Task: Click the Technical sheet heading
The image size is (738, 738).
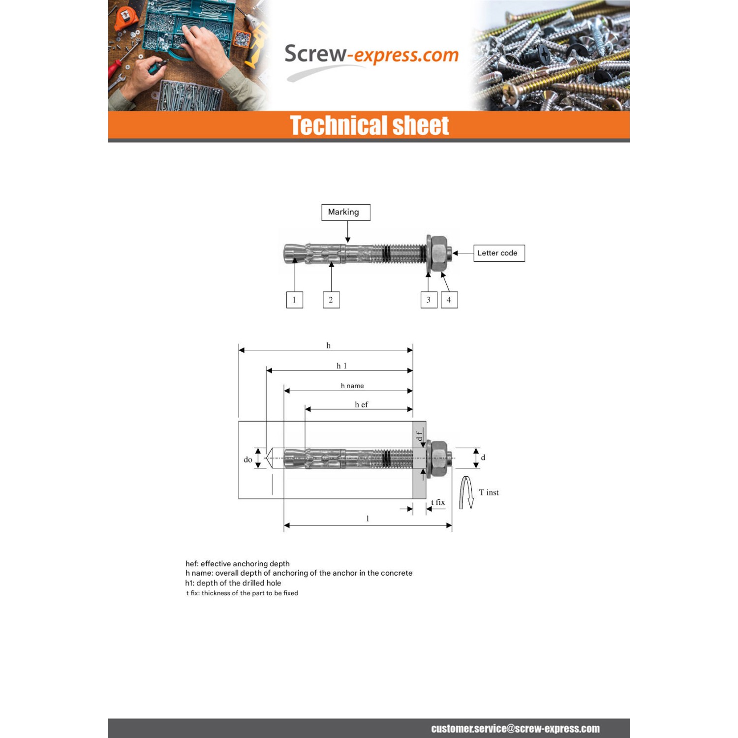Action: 369,125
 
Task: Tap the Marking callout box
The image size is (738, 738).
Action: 346,212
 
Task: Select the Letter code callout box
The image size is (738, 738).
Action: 499,253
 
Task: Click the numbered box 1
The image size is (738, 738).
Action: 295,300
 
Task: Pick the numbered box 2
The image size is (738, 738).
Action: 331,300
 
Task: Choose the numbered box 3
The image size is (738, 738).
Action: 429,300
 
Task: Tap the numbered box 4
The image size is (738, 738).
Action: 449,300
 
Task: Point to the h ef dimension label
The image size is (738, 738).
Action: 361,404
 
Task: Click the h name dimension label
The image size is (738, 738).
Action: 352,386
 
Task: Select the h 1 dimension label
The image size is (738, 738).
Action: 341,366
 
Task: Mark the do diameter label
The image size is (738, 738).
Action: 248,460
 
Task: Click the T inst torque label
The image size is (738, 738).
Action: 489,492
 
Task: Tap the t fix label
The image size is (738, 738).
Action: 438,502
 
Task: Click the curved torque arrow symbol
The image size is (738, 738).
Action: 466,492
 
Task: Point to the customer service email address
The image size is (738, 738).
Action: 515,729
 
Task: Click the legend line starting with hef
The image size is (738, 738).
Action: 237,564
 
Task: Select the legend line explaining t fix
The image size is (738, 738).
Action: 242,593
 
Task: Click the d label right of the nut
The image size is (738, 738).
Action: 483,458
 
